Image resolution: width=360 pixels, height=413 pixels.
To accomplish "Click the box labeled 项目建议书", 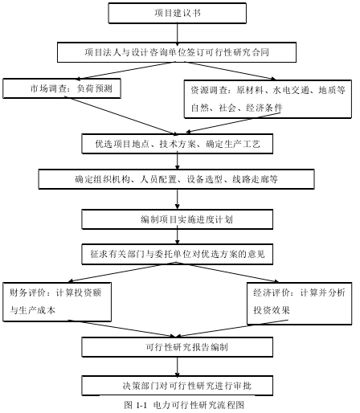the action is click(x=178, y=13).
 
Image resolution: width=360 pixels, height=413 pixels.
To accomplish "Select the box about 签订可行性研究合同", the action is click(x=177, y=52).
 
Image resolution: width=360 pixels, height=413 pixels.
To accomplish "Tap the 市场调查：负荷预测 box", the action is click(x=62, y=88).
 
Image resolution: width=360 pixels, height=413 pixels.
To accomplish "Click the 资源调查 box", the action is click(x=268, y=99).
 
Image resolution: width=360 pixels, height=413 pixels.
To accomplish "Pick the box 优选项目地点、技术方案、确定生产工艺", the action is click(x=178, y=144).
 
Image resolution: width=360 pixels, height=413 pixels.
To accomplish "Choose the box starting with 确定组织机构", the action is click(x=177, y=179).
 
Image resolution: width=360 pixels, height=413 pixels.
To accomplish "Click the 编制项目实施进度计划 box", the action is click(x=178, y=219).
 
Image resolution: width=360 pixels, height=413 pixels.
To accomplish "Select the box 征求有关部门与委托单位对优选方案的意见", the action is click(x=178, y=254).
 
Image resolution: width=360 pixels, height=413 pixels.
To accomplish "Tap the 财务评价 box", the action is click(x=57, y=302).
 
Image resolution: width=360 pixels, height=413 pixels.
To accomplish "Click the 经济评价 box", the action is click(x=300, y=304).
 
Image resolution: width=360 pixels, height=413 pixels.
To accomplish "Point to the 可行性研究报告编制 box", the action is click(x=178, y=347).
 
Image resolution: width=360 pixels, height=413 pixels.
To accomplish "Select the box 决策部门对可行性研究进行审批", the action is click(x=178, y=386).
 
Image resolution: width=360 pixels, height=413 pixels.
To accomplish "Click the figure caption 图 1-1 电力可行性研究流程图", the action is click(x=184, y=405).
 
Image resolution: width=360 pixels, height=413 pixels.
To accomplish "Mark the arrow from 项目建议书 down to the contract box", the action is click(x=178, y=33).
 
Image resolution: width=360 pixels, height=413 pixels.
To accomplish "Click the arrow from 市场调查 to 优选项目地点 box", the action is click(x=123, y=116).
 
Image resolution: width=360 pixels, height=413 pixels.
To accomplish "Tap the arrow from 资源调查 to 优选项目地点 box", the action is click(x=233, y=122).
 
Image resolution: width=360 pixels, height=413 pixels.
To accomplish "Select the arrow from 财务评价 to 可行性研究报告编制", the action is click(x=121, y=329).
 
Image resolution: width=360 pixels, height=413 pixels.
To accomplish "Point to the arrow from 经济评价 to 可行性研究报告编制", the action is click(x=232, y=329).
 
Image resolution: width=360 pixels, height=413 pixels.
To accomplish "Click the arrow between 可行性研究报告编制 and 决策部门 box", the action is click(x=178, y=366).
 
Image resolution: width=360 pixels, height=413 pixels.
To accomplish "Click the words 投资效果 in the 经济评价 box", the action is click(x=272, y=310).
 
